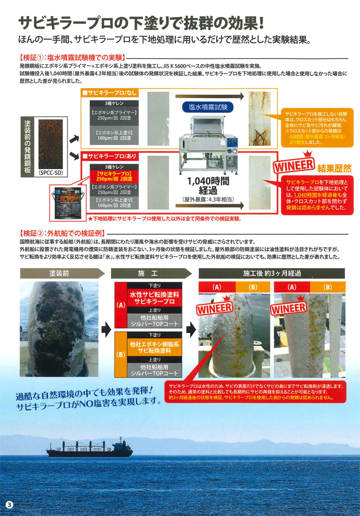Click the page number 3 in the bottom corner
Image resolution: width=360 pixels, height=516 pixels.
pyautogui.click(x=8, y=503)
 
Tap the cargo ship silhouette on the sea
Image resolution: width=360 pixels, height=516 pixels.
pyautogui.click(x=89, y=447)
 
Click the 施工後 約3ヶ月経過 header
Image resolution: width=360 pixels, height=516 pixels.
pyautogui.click(x=272, y=274)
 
